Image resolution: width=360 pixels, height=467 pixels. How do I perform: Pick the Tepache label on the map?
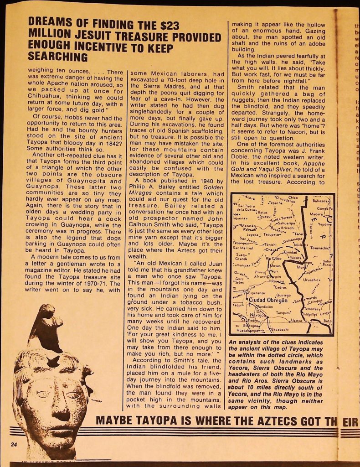point(276,203)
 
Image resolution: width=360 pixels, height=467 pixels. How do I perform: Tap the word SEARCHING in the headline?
point(57,57)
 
